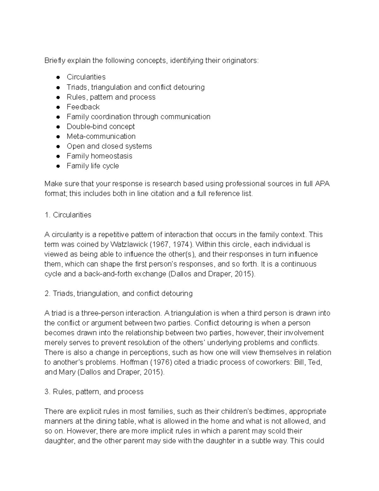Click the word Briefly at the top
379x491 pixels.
click(55, 60)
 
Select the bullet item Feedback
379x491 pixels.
click(83, 107)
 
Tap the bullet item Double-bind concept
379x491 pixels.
click(100, 126)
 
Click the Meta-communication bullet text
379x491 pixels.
click(101, 136)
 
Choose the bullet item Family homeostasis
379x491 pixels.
click(99, 156)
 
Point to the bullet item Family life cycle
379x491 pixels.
click(93, 166)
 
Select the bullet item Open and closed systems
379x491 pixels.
click(109, 146)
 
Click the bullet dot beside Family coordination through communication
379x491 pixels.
click(58, 117)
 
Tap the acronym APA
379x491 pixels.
click(322, 184)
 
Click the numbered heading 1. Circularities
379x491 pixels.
click(68, 215)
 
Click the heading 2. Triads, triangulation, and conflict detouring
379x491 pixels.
click(118, 293)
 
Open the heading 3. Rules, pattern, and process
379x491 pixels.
click(94, 392)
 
